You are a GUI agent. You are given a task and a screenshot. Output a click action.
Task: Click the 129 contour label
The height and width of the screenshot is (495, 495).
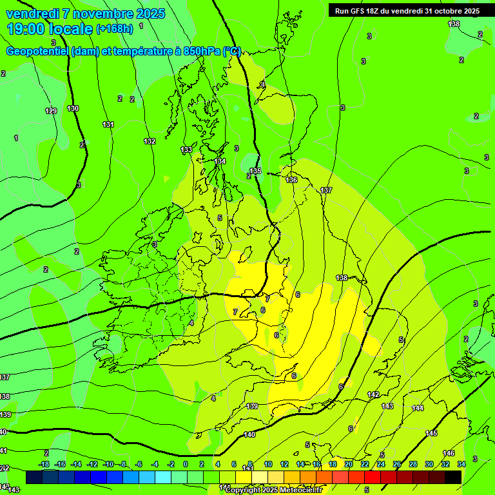[x=51, y=111]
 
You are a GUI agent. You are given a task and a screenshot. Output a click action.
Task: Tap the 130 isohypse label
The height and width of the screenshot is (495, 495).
[x=73, y=108]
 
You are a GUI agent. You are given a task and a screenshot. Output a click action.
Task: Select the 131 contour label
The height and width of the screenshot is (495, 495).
[x=108, y=124]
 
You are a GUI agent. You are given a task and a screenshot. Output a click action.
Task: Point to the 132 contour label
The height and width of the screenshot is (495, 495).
[x=150, y=141]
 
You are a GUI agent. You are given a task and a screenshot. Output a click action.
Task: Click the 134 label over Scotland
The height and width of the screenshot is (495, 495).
[x=220, y=161]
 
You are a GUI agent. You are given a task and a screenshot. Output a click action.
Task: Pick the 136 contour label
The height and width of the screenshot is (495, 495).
[x=291, y=180]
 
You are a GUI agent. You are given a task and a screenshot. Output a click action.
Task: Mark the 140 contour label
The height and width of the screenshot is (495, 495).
[x=250, y=434]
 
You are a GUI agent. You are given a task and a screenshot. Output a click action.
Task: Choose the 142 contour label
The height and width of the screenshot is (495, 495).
[x=373, y=394]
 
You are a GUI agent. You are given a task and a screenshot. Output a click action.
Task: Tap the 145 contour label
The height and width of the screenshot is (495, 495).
[x=431, y=433]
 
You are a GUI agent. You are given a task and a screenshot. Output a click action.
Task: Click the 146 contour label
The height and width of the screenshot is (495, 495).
[x=449, y=453]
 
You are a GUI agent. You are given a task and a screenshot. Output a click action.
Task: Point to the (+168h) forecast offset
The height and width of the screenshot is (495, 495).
[x=115, y=28]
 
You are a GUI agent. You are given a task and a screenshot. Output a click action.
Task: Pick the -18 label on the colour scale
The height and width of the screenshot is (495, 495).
[x=44, y=464]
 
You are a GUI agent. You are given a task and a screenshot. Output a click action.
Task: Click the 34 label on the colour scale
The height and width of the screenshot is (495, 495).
[x=461, y=464]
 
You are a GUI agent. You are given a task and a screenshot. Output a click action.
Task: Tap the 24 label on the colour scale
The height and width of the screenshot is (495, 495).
[x=381, y=464]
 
